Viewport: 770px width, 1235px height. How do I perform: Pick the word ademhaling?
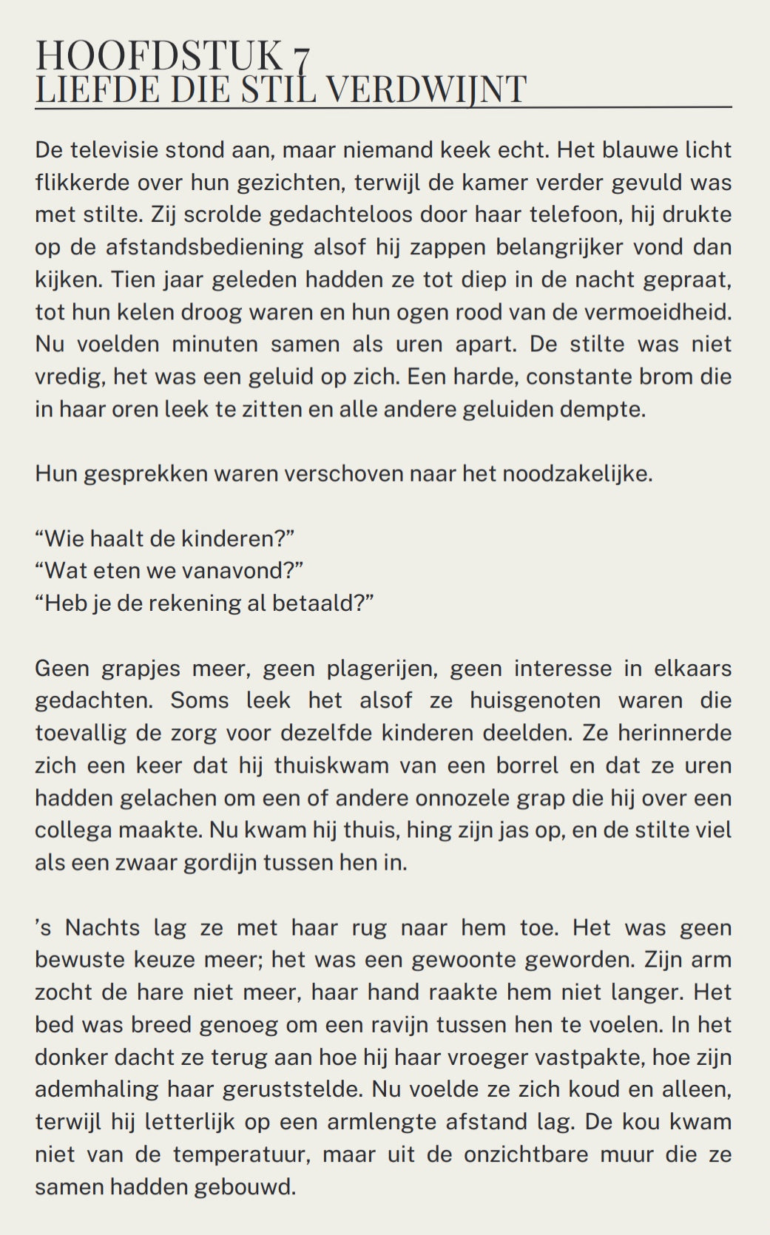pos(90,1089)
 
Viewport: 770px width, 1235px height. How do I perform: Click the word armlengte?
pos(417,1122)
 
